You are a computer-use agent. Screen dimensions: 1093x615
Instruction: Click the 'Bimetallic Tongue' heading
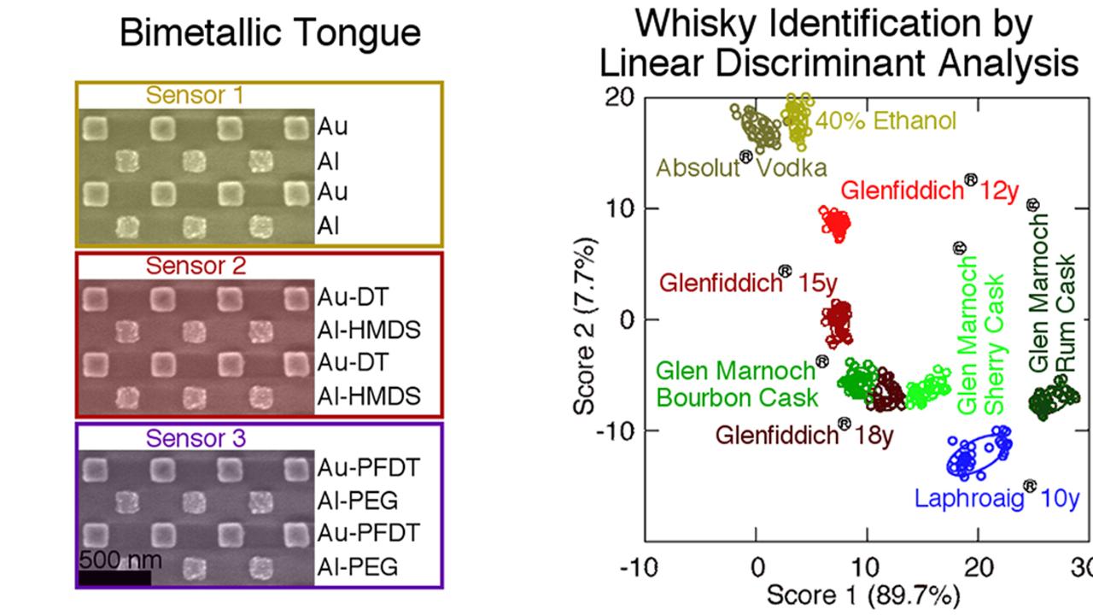pos(271,33)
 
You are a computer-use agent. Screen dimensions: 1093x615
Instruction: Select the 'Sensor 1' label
pos(195,95)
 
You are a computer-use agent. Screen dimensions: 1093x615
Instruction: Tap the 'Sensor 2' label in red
pos(196,266)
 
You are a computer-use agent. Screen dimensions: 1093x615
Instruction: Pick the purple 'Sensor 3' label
pos(196,438)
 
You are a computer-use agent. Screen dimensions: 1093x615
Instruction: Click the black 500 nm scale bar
pos(114,578)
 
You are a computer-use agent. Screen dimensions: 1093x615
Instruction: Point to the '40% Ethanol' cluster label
pos(886,120)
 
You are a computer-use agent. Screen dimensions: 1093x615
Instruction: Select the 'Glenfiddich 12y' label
pos(930,187)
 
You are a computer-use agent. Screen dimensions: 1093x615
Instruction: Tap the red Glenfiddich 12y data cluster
pos(835,224)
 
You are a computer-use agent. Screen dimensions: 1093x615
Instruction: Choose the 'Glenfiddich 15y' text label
pos(748,280)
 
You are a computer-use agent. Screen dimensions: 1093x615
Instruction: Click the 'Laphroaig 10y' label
pos(997,496)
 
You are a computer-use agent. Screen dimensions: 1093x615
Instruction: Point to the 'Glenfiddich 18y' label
pos(804,432)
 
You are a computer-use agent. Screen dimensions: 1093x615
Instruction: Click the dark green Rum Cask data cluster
pos(1054,398)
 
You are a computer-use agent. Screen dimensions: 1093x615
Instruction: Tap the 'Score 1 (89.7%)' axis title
pos(863,595)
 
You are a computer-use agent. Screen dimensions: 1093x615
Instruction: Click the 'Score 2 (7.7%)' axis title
pos(585,326)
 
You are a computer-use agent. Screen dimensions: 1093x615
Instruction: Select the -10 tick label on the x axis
pos(639,568)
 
